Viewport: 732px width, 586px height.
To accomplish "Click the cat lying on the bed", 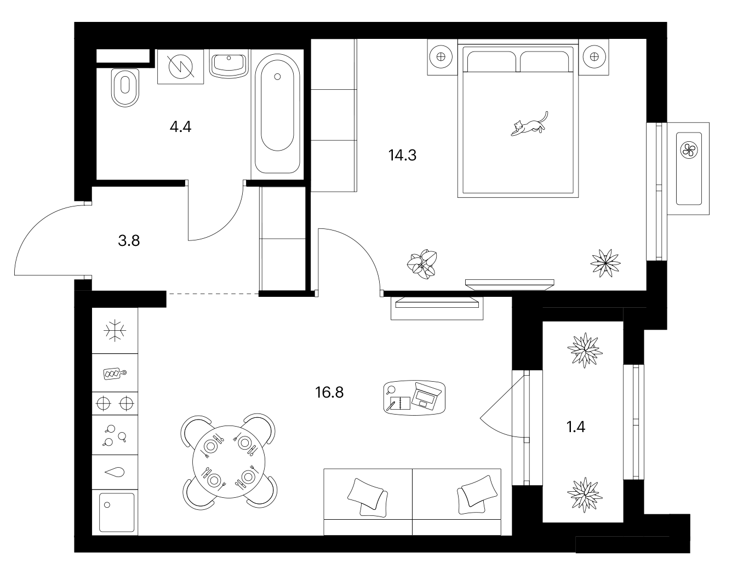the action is coord(529,125).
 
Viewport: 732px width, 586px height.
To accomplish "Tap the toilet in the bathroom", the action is coord(125,88).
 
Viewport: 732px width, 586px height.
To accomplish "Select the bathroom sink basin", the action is coord(229,65).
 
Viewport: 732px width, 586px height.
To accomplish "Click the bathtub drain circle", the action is coord(277,77).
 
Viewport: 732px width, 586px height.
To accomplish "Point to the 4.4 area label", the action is coord(180,127).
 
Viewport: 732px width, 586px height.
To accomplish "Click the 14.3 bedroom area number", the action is coord(402,156).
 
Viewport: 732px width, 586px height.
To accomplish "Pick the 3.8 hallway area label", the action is coord(129,241).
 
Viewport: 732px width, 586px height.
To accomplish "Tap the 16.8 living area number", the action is coord(329,393).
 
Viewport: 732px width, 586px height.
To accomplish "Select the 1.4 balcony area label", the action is coord(575,427).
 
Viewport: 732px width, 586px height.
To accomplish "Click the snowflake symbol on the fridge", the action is coord(115,330).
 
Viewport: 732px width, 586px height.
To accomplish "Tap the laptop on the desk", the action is coord(427,395).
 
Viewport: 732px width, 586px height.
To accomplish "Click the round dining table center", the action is coord(228,462).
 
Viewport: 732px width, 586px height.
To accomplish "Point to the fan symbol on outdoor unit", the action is coord(689,150).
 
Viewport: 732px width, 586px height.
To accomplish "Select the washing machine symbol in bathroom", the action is coord(180,67).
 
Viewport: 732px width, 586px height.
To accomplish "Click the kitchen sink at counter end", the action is coord(117,512).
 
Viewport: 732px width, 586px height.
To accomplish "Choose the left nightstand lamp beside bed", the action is coord(441,57).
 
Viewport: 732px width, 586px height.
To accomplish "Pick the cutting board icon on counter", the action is coord(115,373).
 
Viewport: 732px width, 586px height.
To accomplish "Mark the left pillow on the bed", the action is coord(491,61).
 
